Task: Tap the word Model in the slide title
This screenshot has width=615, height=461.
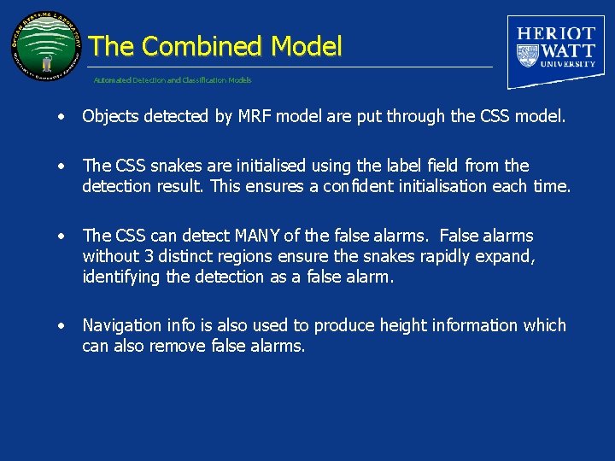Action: tap(307, 46)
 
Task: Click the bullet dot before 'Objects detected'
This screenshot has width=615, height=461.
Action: tap(61, 117)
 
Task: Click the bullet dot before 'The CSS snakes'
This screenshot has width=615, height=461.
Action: tap(61, 166)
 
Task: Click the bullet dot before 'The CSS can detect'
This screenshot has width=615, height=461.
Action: tap(61, 236)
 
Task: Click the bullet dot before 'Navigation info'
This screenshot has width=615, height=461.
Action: tap(61, 325)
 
